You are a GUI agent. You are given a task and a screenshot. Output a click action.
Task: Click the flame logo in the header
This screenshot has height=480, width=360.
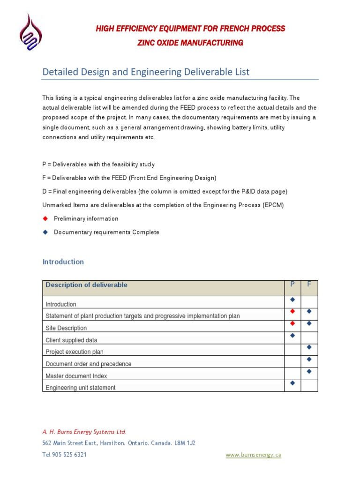click(x=30, y=33)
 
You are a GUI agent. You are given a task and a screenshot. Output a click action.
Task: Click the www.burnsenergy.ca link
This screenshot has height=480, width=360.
click(x=253, y=455)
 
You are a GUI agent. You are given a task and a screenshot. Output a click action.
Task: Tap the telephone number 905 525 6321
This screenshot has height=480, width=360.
click(x=71, y=455)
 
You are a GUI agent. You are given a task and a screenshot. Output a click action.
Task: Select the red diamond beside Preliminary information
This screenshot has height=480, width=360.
click(x=45, y=218)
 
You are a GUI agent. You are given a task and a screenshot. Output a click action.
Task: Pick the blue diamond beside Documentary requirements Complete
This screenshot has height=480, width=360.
click(x=45, y=232)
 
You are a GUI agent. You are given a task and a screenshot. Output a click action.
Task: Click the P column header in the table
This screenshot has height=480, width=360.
click(x=292, y=285)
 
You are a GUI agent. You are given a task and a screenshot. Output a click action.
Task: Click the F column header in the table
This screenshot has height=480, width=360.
click(x=309, y=285)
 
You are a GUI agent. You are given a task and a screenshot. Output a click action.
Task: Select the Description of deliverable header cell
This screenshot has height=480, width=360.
click(x=86, y=285)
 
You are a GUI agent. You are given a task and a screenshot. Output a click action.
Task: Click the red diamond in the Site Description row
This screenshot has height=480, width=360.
click(x=292, y=323)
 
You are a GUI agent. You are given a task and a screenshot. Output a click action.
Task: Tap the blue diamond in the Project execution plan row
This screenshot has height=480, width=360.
click(x=309, y=347)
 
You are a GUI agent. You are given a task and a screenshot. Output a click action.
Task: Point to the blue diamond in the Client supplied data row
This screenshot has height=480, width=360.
click(x=292, y=335)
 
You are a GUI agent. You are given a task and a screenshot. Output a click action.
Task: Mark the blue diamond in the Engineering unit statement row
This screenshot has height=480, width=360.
click(x=292, y=383)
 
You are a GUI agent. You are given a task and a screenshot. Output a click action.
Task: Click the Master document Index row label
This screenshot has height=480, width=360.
click(x=76, y=376)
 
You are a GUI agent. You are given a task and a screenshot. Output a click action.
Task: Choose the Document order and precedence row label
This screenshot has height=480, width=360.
click(x=88, y=364)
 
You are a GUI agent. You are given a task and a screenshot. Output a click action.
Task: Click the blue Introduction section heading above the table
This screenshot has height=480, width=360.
click(x=63, y=262)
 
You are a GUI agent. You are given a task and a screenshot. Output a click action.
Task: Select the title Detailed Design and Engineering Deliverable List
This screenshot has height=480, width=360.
click(x=146, y=72)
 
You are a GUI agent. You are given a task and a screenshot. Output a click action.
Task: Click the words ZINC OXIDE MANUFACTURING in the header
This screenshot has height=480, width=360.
click(x=190, y=43)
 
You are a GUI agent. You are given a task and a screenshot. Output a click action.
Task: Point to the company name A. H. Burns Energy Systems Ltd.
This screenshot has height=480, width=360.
click(x=84, y=432)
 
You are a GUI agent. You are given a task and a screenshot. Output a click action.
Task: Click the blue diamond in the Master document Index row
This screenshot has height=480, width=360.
click(x=309, y=371)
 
